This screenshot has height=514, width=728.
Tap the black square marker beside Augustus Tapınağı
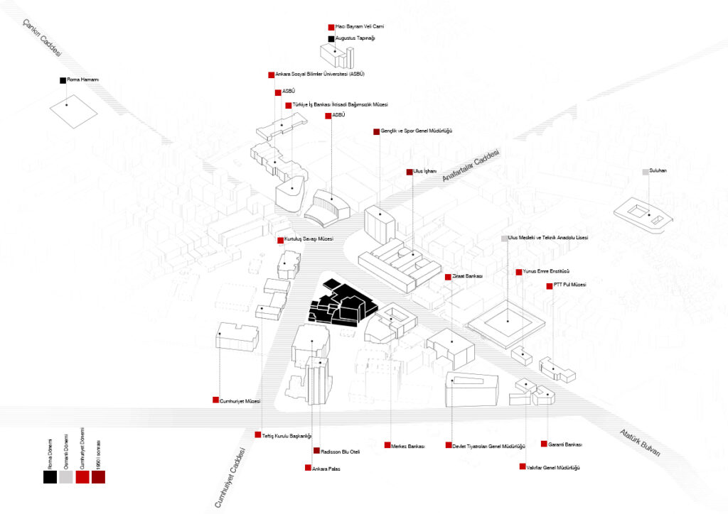(331, 38)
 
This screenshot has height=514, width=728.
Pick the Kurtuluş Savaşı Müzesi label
(309, 240)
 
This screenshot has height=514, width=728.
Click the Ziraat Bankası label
(468, 276)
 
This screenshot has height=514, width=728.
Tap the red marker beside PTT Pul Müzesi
(550, 286)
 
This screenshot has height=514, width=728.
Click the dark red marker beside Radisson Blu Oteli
(317, 451)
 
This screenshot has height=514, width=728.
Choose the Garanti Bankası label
(565, 444)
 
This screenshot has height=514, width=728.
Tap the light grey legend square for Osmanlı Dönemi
(66, 477)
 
